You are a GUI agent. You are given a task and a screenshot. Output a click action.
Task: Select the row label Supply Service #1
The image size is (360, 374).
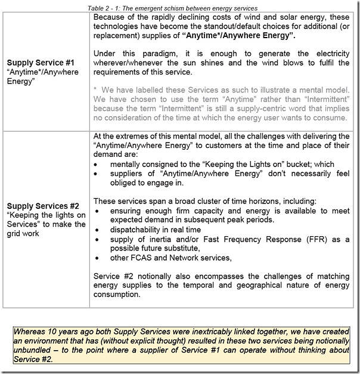click(39, 61)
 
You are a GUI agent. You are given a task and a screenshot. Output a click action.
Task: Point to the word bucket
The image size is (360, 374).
click(300, 164)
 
